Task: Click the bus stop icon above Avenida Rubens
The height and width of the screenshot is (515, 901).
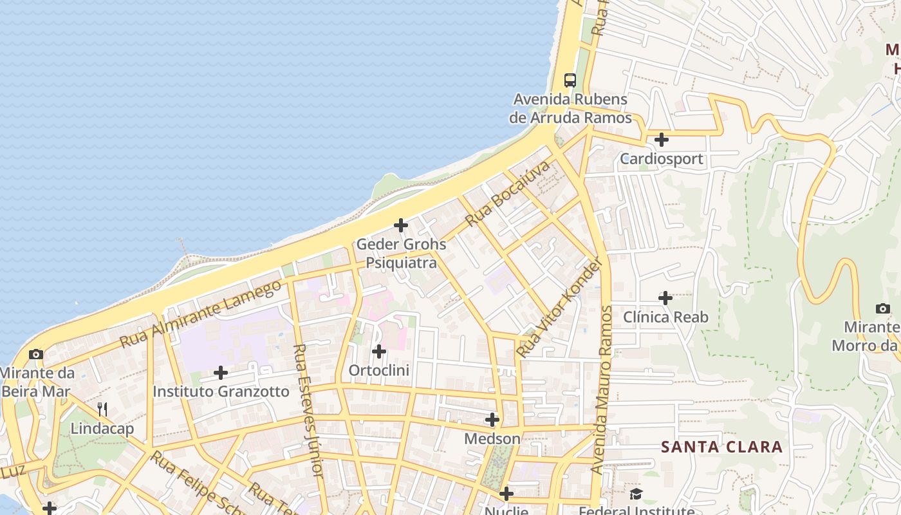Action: [x=570, y=80]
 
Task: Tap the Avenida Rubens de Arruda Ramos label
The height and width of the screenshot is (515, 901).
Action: [x=569, y=109]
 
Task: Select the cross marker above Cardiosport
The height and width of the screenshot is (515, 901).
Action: [x=661, y=139]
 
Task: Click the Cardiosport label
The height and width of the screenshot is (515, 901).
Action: [x=661, y=158]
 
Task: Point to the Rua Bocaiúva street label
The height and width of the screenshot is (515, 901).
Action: [x=508, y=193]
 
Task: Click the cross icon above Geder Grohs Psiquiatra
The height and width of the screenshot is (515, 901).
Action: [x=401, y=225]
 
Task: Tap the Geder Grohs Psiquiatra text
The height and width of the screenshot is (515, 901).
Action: [x=401, y=254]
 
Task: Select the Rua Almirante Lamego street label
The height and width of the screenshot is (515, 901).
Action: [x=201, y=314]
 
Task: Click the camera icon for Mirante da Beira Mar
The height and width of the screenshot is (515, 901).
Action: [x=36, y=354]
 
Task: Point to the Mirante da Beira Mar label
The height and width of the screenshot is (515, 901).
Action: [x=37, y=382]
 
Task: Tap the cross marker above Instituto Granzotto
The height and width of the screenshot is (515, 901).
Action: [x=221, y=373]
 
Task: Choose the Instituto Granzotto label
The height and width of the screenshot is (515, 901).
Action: [x=221, y=391]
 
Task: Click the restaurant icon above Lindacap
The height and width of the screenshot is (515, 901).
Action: [x=102, y=409]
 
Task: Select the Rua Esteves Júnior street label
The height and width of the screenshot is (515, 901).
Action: [x=308, y=411]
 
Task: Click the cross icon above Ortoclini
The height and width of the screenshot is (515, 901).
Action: [x=379, y=351]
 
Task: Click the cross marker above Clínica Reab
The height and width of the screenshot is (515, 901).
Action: [x=665, y=298]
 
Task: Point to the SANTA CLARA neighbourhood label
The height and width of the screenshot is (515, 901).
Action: [x=721, y=447]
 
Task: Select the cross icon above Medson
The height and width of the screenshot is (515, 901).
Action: [x=492, y=420]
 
